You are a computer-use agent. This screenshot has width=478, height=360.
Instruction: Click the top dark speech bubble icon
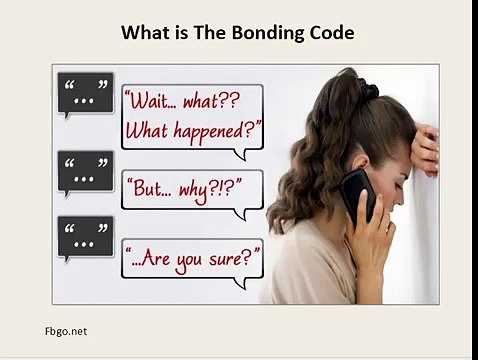[x=85, y=93]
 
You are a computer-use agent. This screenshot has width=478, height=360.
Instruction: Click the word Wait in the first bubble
[x=152, y=102]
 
